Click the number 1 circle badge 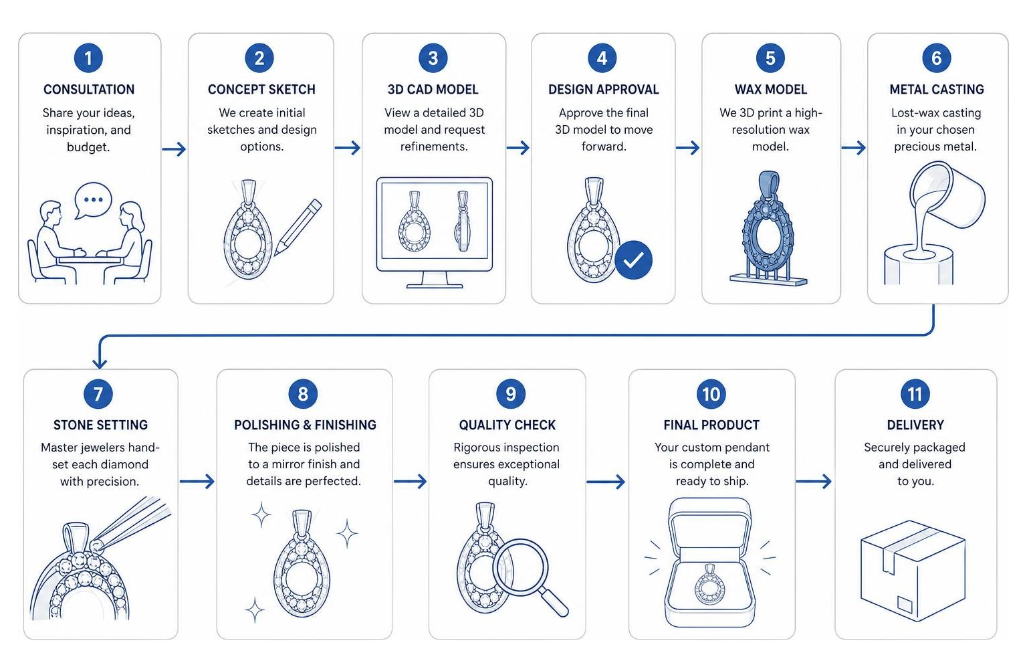click(88, 58)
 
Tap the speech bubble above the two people click(93, 201)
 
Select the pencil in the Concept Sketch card click(298, 227)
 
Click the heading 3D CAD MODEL click(433, 90)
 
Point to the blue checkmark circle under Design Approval click(633, 260)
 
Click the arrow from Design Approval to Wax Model click(687, 148)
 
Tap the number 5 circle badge click(770, 58)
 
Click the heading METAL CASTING click(937, 90)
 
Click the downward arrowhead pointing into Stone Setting click(100, 363)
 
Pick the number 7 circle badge click(98, 393)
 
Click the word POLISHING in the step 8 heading click(267, 425)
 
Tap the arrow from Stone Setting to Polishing click(197, 481)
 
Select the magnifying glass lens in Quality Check click(520, 568)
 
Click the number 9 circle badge click(511, 393)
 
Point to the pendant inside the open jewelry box click(710, 585)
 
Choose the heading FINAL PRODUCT click(711, 425)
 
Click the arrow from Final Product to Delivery click(814, 481)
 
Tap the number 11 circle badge click(915, 393)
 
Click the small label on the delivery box click(905, 604)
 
